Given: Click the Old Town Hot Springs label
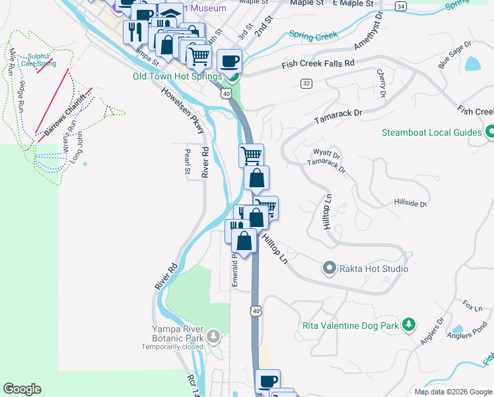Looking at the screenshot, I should [x=177, y=76].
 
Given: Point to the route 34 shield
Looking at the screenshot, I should [x=401, y=5].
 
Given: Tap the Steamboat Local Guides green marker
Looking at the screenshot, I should [x=489, y=132].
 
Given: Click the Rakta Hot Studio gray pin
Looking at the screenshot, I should [x=329, y=269].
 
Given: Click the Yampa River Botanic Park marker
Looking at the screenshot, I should [x=213, y=337].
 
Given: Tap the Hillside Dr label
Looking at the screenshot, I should [x=410, y=202].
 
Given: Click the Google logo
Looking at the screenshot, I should [x=22, y=389].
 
